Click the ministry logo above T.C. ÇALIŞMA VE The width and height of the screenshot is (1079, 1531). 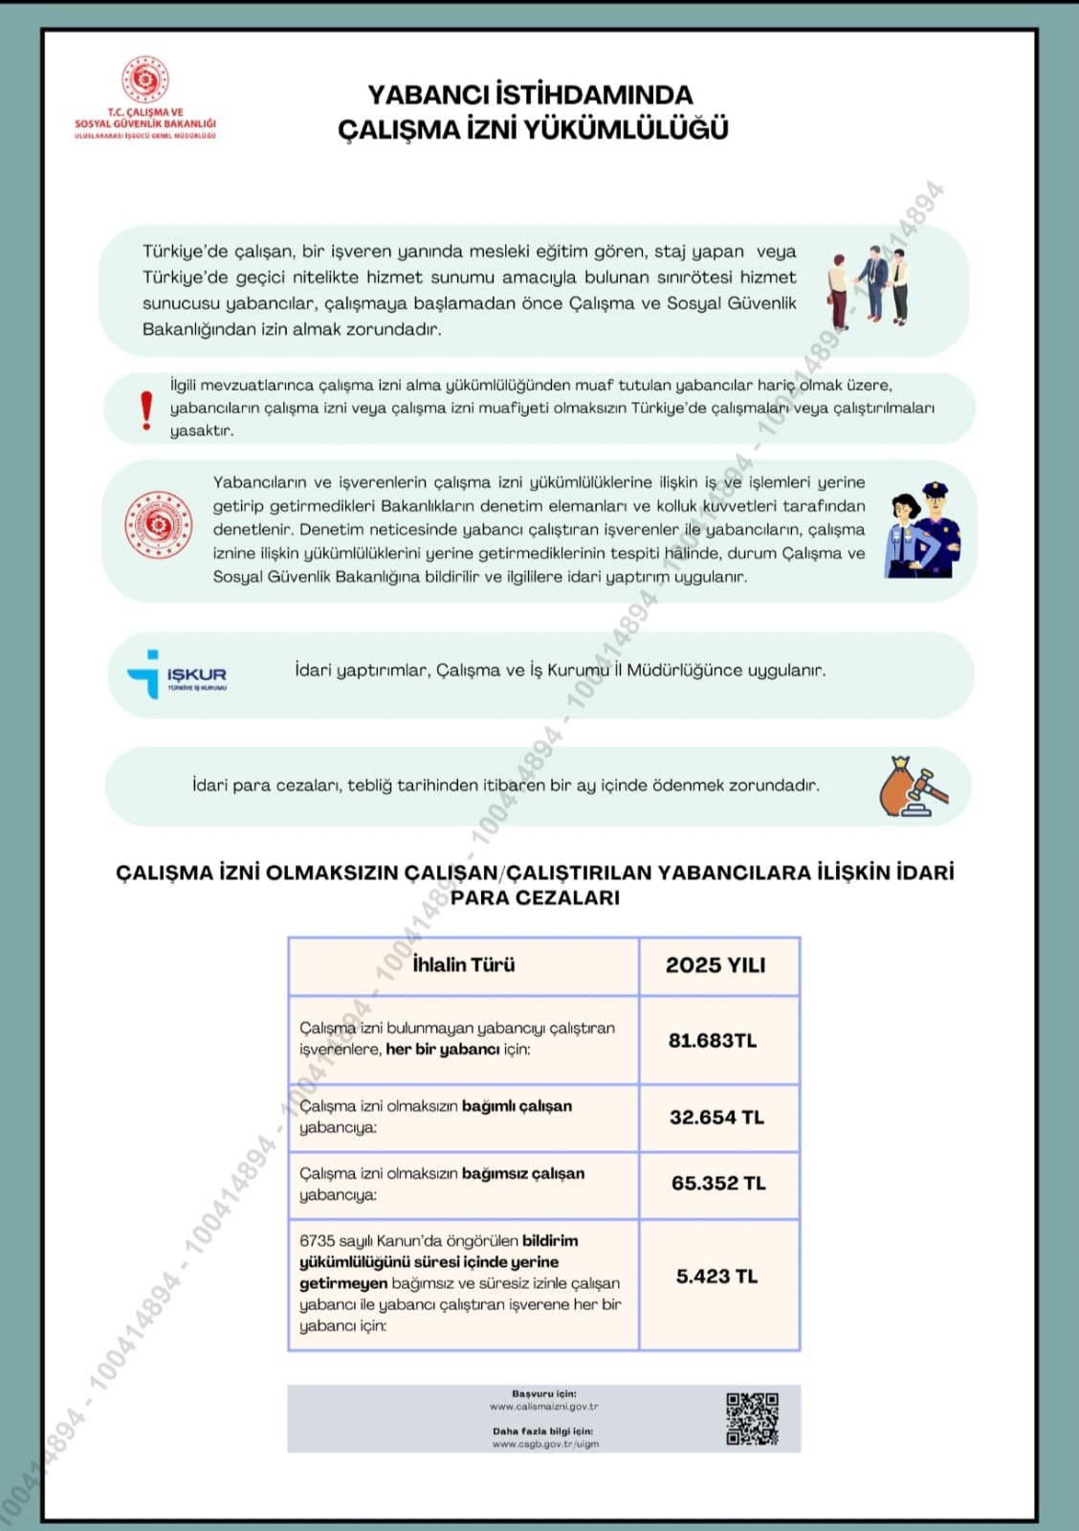[x=145, y=79]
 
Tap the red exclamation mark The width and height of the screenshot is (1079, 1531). [x=145, y=410]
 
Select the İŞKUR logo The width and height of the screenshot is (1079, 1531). [x=177, y=675]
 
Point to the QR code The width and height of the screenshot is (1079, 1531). [x=752, y=1418]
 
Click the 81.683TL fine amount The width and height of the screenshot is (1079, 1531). [x=713, y=1040]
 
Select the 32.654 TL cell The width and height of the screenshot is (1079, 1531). [x=716, y=1117]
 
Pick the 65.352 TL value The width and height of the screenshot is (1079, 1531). [x=718, y=1183]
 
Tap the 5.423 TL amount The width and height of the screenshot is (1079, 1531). [x=716, y=1276]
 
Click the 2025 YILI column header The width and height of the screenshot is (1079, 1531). [x=716, y=965]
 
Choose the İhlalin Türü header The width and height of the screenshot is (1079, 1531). [x=464, y=965]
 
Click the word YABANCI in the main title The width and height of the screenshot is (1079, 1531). [x=428, y=95]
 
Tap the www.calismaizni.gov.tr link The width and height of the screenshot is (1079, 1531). [x=543, y=1407]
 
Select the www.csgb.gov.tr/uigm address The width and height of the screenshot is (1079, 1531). [x=545, y=1444]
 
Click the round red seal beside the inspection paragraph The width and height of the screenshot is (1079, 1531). [x=159, y=524]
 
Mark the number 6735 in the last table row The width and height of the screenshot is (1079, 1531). [x=317, y=1241]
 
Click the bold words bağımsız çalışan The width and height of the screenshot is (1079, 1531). [x=523, y=1173]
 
